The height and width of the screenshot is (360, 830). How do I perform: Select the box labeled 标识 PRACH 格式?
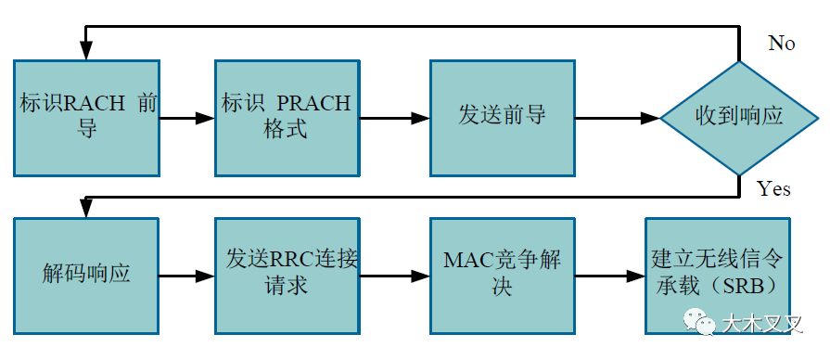(x=286, y=115)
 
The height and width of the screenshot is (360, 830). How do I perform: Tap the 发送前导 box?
(x=502, y=115)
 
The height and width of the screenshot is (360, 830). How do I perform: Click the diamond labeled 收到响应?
(x=739, y=118)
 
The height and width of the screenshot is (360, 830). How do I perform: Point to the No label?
(x=782, y=44)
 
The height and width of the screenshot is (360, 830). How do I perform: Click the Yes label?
(x=773, y=189)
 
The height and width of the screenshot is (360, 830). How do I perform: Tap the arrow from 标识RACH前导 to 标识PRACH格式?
(x=187, y=119)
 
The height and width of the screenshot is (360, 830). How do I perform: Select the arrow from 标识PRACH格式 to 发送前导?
(x=393, y=119)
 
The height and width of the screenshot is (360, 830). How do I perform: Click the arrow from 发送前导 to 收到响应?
(x=617, y=119)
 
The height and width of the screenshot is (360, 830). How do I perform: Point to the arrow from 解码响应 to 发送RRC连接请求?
(x=187, y=276)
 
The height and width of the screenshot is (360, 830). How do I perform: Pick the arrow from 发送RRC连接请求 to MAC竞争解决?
(x=393, y=276)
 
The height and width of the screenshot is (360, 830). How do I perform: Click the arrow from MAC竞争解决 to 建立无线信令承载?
(x=608, y=276)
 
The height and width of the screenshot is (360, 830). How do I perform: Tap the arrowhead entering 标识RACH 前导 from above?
(x=85, y=52)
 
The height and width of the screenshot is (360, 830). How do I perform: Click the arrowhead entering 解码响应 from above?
(x=85, y=210)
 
